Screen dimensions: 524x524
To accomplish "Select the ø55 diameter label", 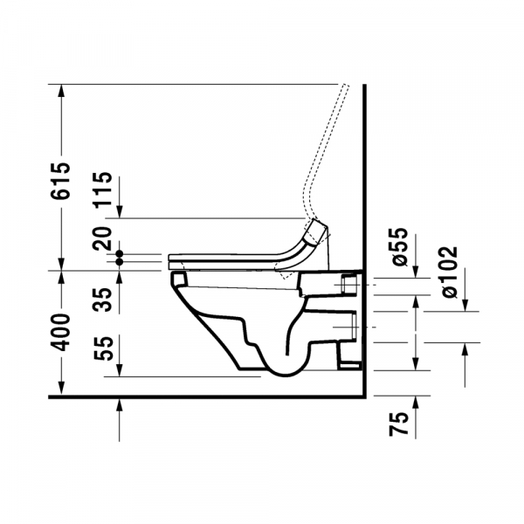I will tap(399, 246).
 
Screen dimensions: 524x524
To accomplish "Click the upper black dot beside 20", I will tap(121, 254).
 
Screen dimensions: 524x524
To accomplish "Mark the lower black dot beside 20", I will tap(121, 262).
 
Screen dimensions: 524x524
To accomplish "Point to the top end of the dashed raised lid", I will tap(346, 86).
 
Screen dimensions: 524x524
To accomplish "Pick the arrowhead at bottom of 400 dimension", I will tap(61, 390).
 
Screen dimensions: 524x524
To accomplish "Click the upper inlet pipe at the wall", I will tap(349, 285).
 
